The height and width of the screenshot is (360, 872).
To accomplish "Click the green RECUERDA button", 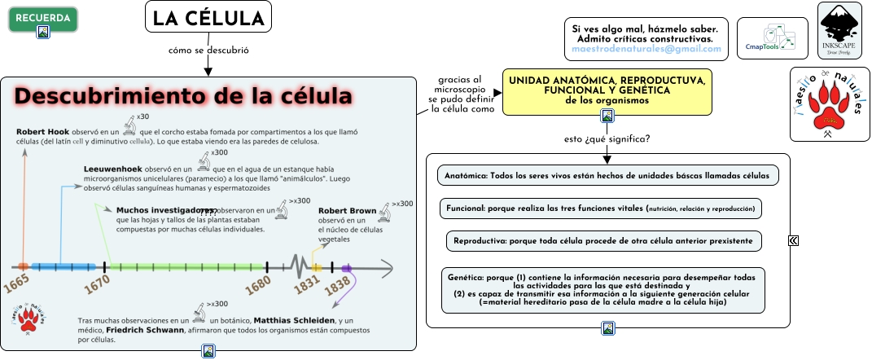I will (43, 18).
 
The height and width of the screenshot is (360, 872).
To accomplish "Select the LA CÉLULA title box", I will (208, 17).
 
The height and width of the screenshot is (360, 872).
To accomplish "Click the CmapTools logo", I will (773, 38).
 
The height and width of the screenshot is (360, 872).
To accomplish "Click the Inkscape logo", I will (839, 30).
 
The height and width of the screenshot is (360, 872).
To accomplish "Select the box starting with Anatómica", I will (607, 175).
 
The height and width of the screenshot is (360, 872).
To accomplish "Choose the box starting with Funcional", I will (600, 209).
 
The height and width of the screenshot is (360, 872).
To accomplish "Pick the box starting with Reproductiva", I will (603, 241).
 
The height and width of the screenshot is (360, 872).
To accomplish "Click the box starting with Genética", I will (603, 289).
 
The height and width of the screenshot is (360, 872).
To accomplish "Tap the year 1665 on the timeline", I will (16, 284).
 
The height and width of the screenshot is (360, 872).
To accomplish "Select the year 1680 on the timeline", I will (258, 284).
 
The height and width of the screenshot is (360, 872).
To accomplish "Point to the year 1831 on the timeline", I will (307, 284).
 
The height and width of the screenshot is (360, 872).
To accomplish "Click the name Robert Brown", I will (347, 211).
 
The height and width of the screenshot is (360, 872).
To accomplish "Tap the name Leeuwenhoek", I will (114, 169).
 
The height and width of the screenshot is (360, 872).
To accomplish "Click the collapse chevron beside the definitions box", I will (793, 240).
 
